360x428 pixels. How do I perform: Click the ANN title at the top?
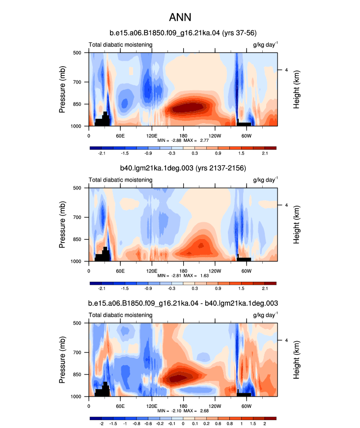(x=180, y=18)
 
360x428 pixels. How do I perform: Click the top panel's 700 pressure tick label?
(x=77, y=82)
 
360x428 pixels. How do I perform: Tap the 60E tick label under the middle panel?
(x=120, y=271)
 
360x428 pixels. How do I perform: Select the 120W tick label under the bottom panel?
(x=215, y=406)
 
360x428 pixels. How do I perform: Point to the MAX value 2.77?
(x=204, y=140)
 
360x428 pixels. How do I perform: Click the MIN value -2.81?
(x=176, y=275)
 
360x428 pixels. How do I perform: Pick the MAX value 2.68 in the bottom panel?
(x=204, y=410)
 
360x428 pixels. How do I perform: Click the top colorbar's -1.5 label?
(x=125, y=154)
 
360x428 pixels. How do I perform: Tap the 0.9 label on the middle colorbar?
(x=218, y=289)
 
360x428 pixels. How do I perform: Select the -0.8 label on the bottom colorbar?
(x=137, y=424)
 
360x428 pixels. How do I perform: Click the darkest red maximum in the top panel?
(x=189, y=107)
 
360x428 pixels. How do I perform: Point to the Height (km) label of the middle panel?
(x=296, y=225)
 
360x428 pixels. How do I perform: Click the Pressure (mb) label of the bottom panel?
(x=62, y=360)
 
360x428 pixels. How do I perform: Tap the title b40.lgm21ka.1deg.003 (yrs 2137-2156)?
(x=183, y=168)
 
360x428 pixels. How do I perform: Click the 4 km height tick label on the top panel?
(x=286, y=70)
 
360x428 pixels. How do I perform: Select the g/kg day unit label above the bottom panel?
(x=266, y=315)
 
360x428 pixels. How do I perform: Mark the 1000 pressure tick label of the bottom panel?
(x=76, y=397)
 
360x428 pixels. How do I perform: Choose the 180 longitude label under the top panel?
(x=183, y=136)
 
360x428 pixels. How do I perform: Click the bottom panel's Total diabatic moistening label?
(x=120, y=315)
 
